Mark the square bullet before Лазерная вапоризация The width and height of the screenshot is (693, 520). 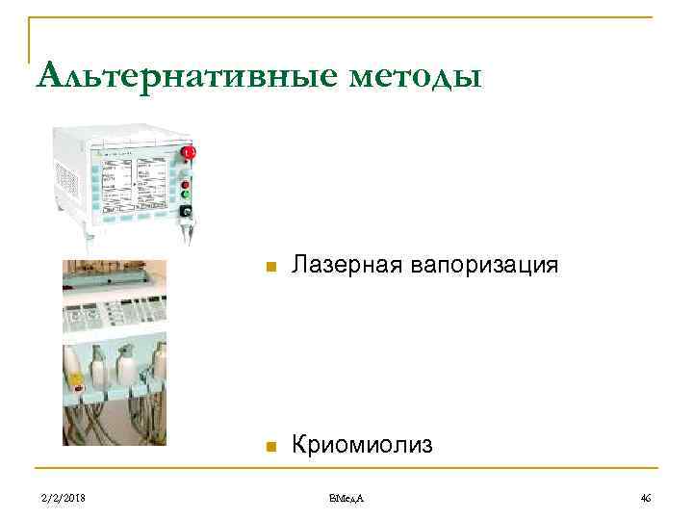tap(271, 267)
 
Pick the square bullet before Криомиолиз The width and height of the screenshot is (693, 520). tap(271, 447)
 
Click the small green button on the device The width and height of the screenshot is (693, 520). tap(185, 195)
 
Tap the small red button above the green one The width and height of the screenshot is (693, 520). tap(185, 184)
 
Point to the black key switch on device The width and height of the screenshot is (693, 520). tap(185, 212)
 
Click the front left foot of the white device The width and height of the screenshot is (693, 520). tap(88, 234)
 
